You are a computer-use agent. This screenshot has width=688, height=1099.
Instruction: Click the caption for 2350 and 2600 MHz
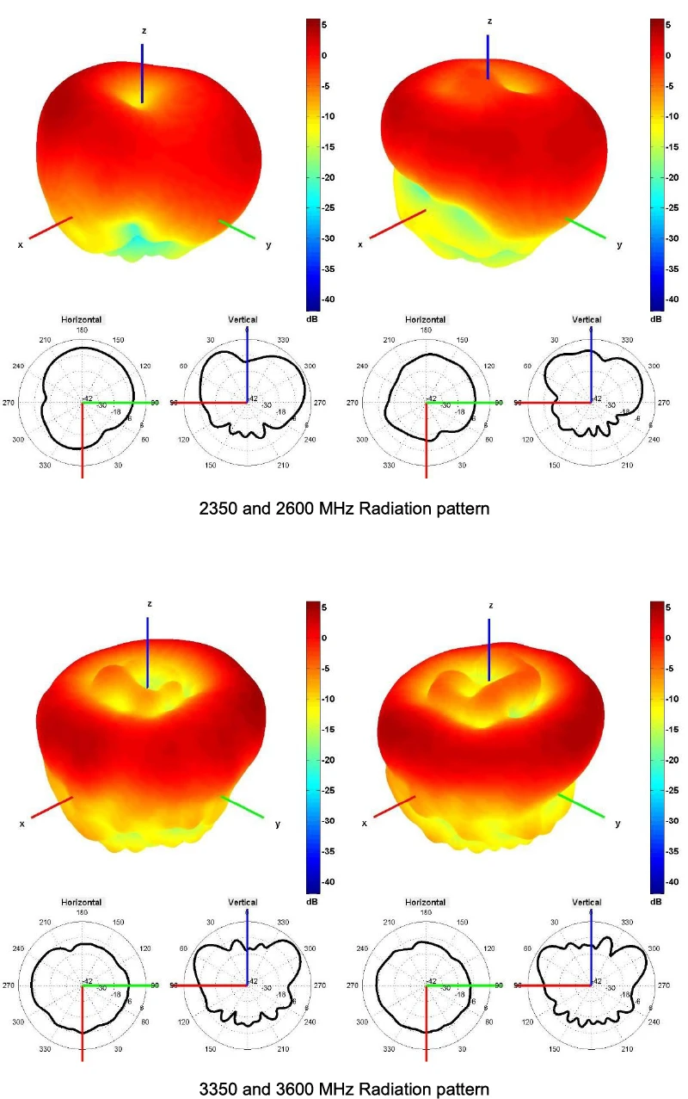(x=344, y=509)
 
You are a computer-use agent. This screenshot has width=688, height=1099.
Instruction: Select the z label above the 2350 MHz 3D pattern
(x=144, y=31)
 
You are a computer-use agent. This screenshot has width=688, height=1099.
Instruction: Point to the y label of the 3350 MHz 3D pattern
(x=277, y=824)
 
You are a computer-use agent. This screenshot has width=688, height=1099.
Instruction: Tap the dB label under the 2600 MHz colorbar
(x=656, y=318)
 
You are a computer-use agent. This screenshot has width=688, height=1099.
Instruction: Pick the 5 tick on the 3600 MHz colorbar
(x=671, y=608)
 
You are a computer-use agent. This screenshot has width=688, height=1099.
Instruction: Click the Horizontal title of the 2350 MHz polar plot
(x=82, y=320)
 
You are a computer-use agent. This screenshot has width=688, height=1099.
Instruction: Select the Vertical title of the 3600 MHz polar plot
(x=587, y=903)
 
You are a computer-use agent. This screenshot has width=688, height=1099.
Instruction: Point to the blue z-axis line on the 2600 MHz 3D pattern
(x=488, y=57)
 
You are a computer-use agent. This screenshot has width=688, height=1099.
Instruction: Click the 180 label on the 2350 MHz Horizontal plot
(x=82, y=330)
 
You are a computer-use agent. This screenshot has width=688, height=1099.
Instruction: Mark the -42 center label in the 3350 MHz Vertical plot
(x=255, y=981)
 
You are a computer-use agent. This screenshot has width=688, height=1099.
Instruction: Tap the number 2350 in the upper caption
(x=217, y=509)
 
